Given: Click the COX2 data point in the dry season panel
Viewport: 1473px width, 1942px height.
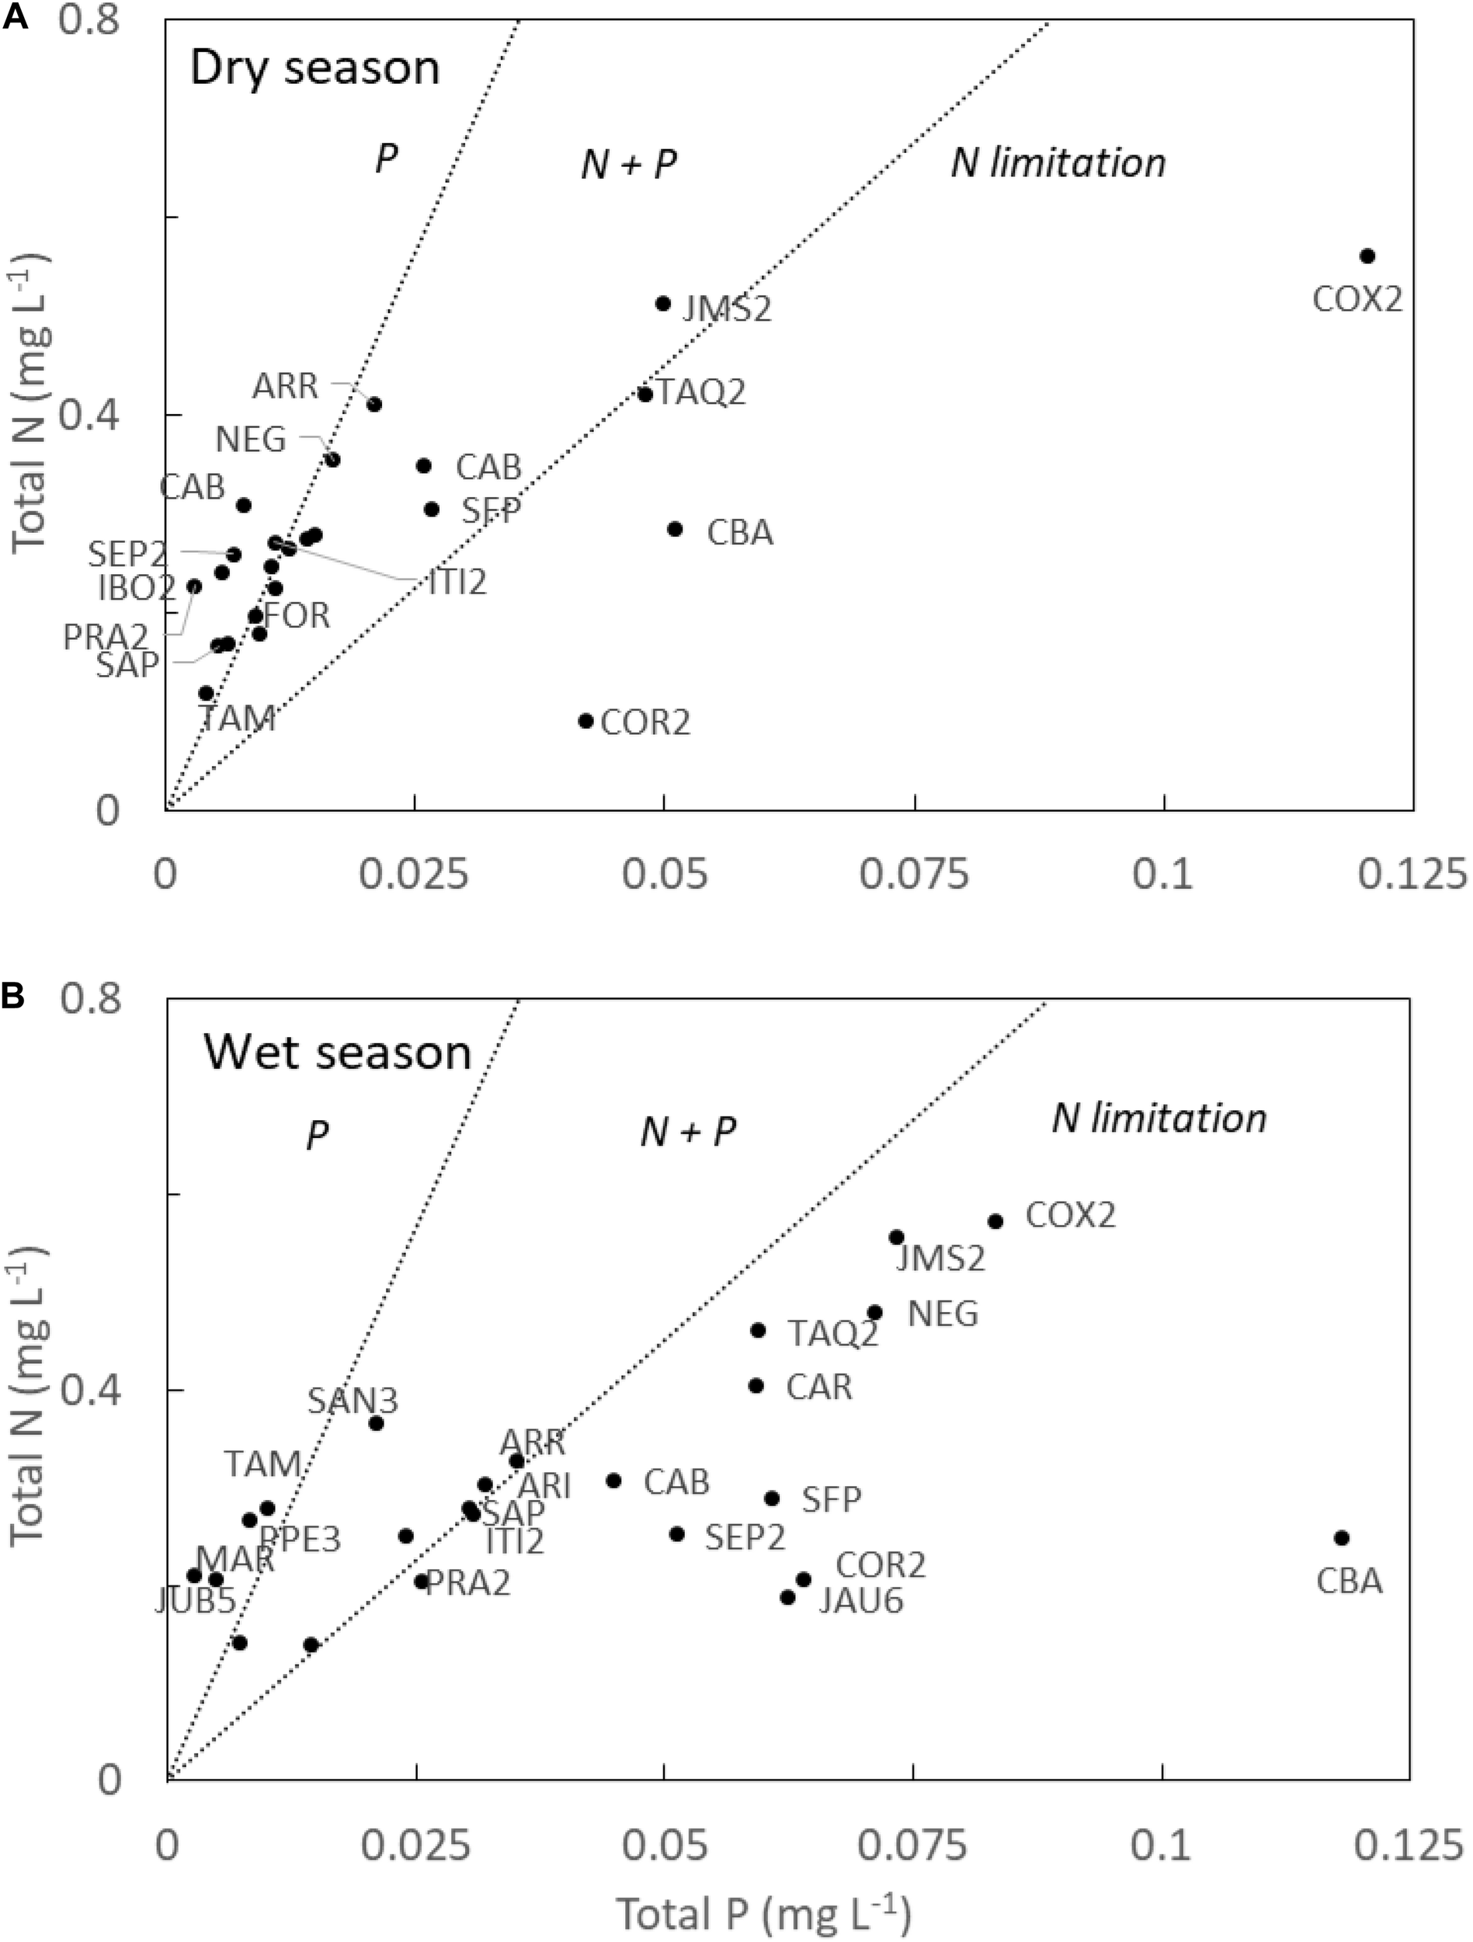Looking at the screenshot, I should click(x=1367, y=256).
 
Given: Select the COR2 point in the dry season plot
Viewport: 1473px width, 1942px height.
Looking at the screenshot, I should click(x=586, y=721).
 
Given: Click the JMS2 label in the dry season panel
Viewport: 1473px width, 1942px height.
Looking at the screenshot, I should click(x=727, y=310).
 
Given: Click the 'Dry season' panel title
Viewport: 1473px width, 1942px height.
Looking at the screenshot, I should click(x=314, y=68).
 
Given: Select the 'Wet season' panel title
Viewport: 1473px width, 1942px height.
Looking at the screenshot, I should click(x=338, y=1051).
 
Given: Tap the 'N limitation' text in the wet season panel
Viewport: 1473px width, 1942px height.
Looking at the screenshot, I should click(x=1159, y=1118).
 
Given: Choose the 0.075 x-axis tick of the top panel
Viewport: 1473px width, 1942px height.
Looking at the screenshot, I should click(x=915, y=875).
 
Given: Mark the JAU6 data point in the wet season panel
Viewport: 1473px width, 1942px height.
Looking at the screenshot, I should click(x=788, y=1597).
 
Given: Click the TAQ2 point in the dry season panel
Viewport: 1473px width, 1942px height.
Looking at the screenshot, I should click(x=645, y=394).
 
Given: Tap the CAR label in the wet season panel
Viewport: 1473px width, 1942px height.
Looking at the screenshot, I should click(x=819, y=1387).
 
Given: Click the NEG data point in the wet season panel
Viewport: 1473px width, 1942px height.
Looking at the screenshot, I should click(x=874, y=1313).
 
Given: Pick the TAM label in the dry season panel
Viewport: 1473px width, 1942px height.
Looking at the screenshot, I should click(x=237, y=719).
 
